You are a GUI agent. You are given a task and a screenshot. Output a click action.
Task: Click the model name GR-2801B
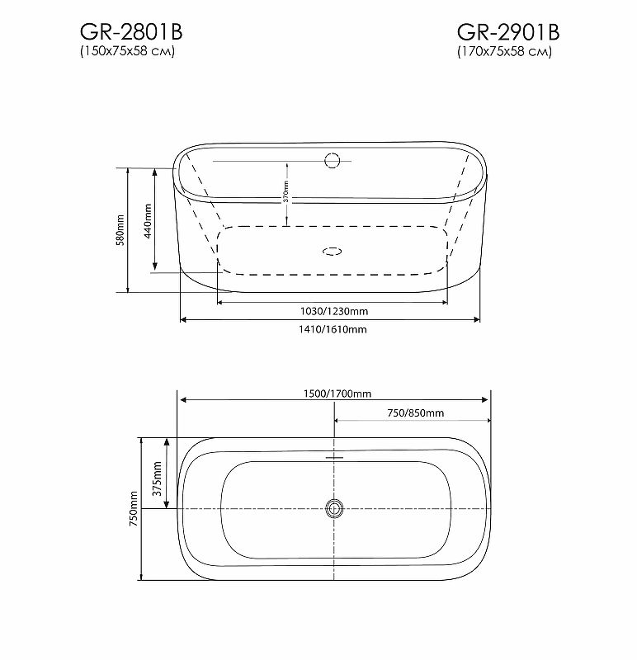[130, 32]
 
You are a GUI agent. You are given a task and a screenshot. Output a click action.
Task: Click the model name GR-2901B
[508, 32]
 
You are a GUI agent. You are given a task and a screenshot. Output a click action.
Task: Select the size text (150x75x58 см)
[128, 52]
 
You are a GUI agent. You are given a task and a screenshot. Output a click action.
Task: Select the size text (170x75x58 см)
[506, 52]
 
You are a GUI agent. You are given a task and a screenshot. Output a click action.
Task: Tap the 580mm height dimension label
[120, 229]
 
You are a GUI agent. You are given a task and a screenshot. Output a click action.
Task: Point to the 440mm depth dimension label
[148, 221]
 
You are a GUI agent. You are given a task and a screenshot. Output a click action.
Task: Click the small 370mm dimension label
[285, 191]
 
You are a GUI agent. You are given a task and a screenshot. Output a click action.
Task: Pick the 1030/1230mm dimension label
[333, 311]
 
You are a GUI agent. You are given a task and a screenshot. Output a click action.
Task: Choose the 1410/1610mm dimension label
[333, 329]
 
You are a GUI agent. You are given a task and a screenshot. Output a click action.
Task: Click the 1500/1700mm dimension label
[334, 393]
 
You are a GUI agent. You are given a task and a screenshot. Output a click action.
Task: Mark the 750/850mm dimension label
[415, 412]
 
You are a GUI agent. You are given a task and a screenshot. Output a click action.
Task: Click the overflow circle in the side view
[333, 160]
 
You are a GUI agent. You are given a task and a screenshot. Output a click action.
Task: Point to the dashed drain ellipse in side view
[333, 251]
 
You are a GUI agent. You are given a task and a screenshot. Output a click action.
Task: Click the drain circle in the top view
[334, 508]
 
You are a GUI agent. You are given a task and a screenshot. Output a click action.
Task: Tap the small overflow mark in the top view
[334, 456]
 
